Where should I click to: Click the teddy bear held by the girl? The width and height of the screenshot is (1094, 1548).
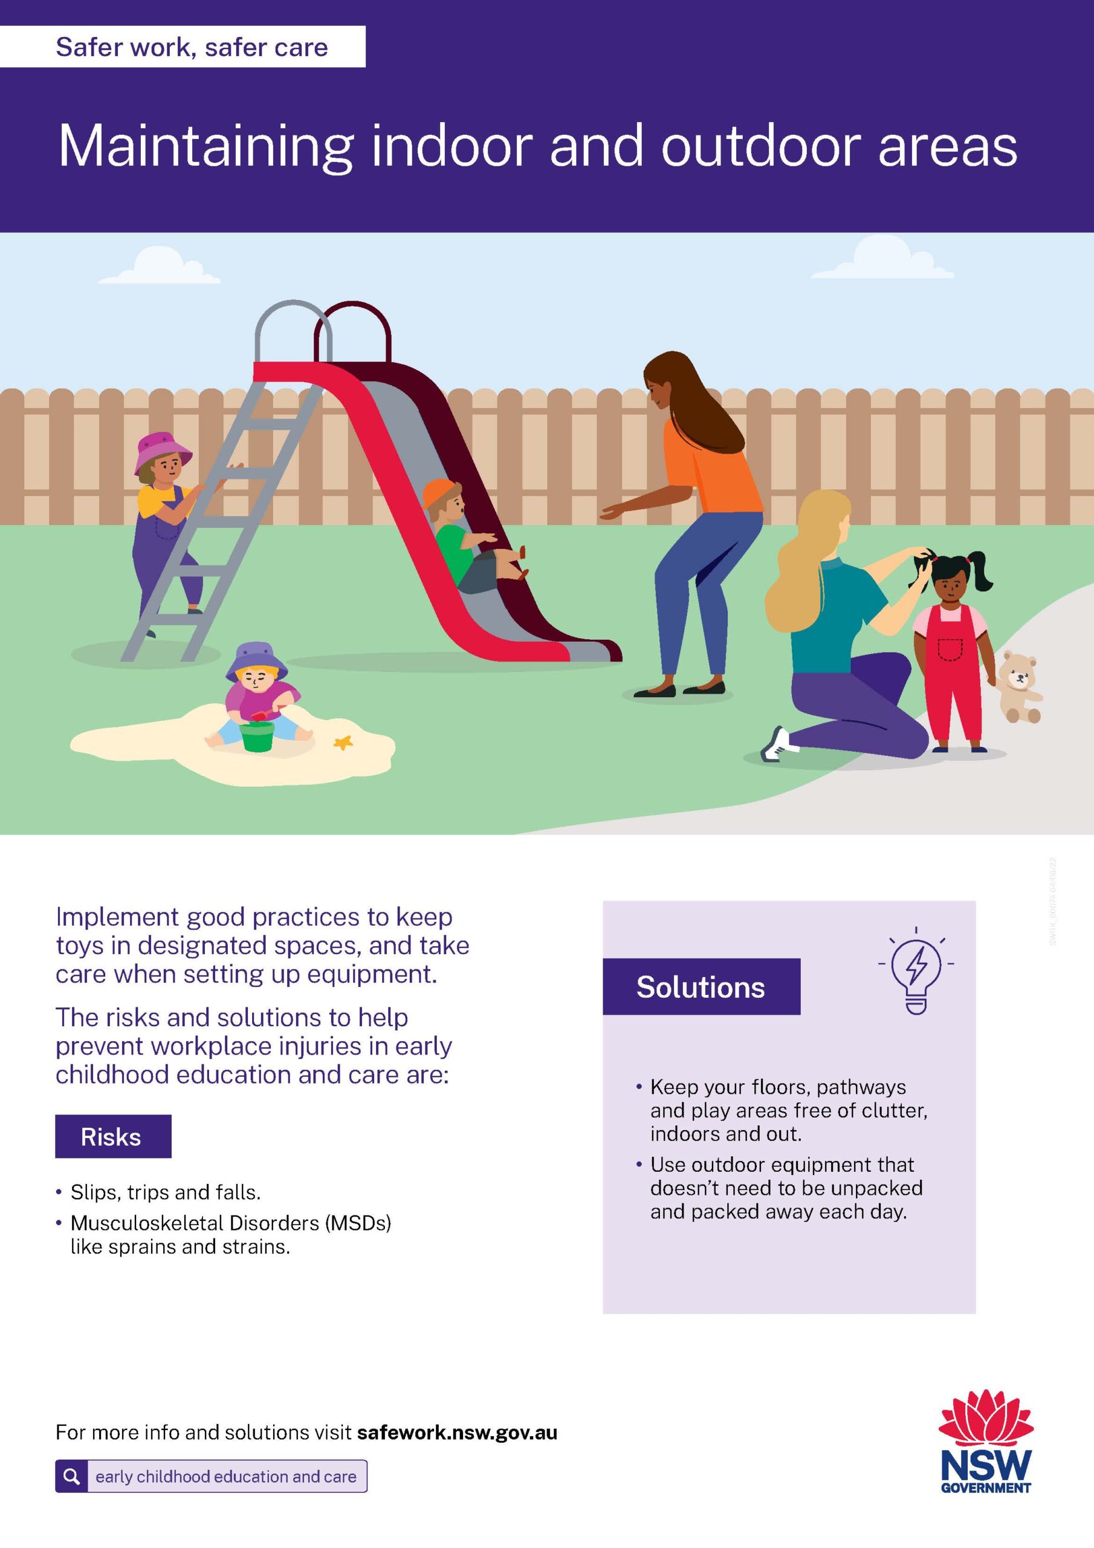1018,687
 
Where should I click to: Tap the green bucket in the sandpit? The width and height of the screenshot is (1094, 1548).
257,737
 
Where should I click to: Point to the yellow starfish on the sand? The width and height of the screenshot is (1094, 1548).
344,743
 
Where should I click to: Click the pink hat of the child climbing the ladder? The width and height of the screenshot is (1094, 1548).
163,452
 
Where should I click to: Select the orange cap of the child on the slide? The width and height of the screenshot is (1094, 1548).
439,493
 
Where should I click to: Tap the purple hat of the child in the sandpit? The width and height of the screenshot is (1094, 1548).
256,662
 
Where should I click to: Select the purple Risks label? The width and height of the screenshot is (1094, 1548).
113,1136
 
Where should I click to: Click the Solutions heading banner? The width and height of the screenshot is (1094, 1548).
701,986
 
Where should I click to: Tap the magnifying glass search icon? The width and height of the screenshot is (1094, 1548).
71,1477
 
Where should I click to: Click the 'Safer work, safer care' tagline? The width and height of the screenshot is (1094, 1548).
192,47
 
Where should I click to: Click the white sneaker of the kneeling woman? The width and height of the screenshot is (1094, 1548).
775,744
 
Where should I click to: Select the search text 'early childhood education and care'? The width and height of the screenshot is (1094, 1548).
226,1477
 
